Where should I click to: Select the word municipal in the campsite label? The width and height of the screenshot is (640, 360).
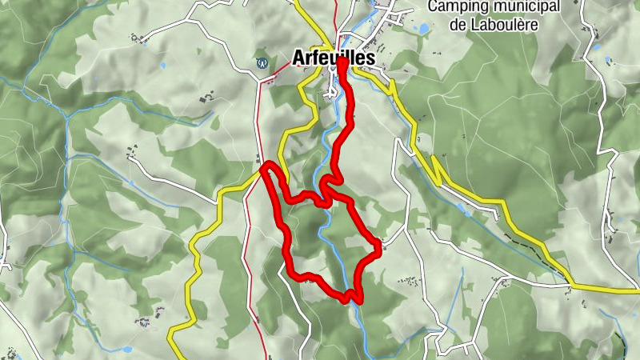pos(524,7)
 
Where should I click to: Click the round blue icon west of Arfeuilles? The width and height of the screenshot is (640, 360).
pos(259,62)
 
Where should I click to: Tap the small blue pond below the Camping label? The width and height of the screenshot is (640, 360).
pos(422,29)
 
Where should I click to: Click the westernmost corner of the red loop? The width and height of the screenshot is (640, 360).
pos(265,169)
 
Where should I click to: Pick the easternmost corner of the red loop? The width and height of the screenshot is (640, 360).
pos(378,243)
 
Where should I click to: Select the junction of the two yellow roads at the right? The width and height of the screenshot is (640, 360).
pos(570,284)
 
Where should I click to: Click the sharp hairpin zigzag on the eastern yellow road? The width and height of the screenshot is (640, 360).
pos(436,168)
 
